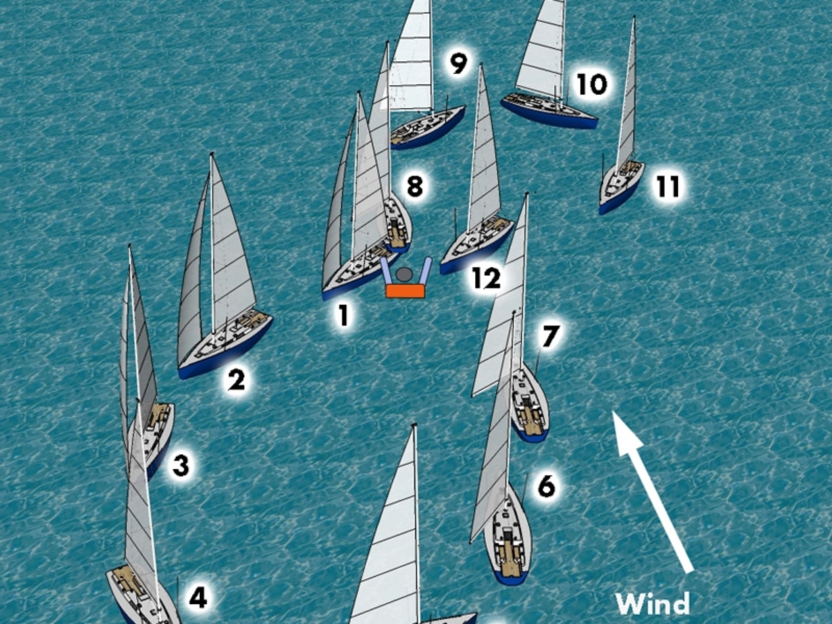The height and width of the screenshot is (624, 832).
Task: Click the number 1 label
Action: point(343,315)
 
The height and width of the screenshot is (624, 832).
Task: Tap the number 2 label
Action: point(236,380)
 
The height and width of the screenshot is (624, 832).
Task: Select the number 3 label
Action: point(180,465)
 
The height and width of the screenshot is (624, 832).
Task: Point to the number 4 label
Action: point(198,597)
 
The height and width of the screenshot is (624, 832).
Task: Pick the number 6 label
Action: point(546,487)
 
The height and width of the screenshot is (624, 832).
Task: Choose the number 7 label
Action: point(550,336)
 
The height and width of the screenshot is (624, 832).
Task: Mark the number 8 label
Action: point(415,187)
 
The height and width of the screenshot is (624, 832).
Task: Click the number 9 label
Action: point(458,63)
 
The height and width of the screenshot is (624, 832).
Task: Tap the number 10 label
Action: point(591,85)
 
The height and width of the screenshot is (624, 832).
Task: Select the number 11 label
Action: point(668,187)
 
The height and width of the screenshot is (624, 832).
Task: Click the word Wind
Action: point(652,603)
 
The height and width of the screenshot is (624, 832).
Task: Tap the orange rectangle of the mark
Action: point(406,291)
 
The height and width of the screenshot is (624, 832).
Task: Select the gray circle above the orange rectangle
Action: point(404,275)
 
